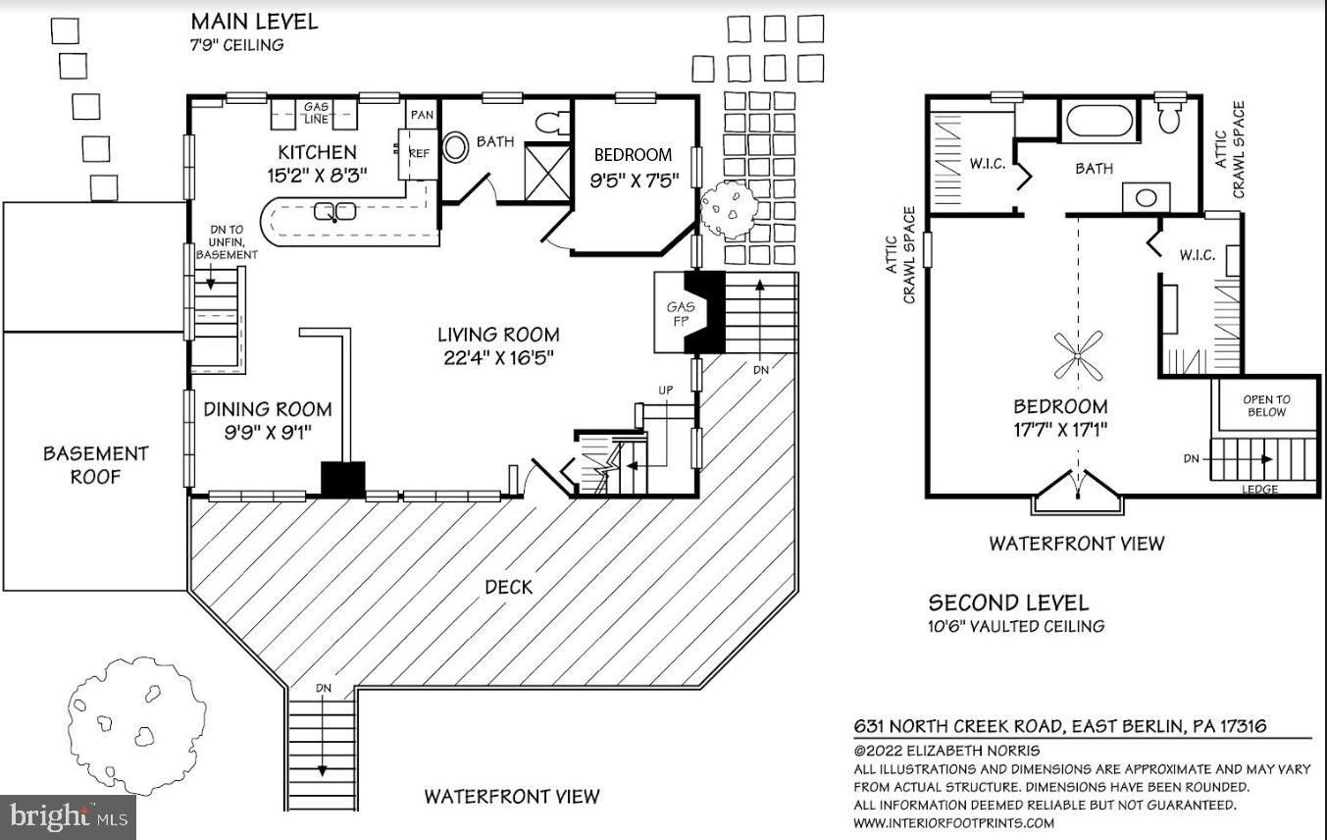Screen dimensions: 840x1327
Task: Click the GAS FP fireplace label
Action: [x=680, y=313]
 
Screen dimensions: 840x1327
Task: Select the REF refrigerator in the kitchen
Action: [x=419, y=153]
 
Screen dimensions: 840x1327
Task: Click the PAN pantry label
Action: [x=422, y=115]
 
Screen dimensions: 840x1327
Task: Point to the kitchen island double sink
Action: [x=333, y=211]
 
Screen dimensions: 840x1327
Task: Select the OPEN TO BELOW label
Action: [x=1266, y=405]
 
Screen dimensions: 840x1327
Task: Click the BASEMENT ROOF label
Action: [x=95, y=465]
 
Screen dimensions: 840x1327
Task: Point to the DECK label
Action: [x=508, y=587]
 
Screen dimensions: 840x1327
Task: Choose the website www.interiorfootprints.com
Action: [x=951, y=822]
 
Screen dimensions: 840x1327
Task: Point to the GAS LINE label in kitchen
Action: [x=315, y=113]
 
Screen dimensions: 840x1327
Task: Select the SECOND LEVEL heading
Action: [x=1008, y=603]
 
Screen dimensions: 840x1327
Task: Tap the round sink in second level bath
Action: [x=1146, y=196]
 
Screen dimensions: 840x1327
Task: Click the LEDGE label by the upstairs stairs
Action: [x=1260, y=489]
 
